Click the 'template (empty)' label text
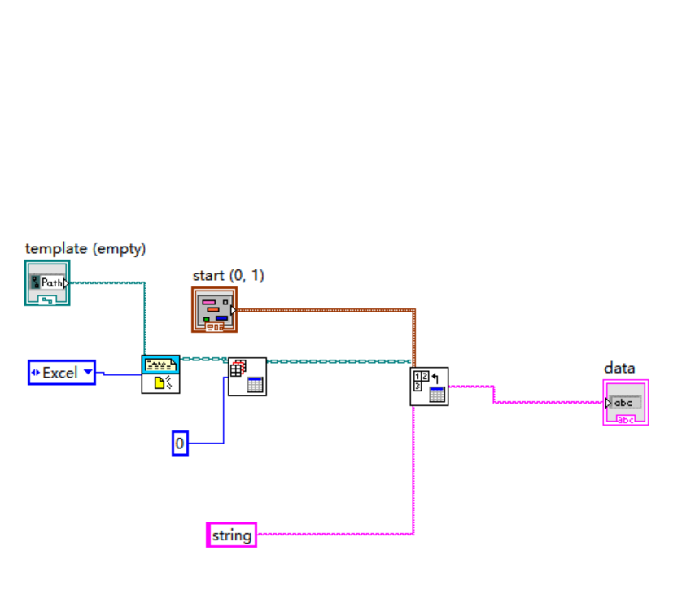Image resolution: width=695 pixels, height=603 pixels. click(85, 249)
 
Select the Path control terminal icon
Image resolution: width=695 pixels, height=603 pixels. click(47, 283)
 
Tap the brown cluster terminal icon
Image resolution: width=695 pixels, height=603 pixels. click(215, 310)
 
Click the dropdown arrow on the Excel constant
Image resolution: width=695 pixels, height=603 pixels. click(87, 373)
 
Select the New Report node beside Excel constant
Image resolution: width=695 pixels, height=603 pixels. click(160, 374)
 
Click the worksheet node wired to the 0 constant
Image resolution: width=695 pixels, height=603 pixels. click(247, 376)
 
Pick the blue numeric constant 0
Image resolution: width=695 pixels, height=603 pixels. click(180, 444)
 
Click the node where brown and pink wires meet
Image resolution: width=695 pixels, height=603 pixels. click(429, 386)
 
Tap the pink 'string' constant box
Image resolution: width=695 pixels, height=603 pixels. click(231, 535)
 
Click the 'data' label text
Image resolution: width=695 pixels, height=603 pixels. click(619, 368)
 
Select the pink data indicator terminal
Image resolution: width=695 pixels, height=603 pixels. click(625, 403)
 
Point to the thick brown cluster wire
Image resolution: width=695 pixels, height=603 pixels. click(326, 310)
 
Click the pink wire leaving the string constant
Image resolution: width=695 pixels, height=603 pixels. click(334, 535)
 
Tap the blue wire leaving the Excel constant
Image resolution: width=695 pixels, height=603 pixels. click(118, 374)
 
